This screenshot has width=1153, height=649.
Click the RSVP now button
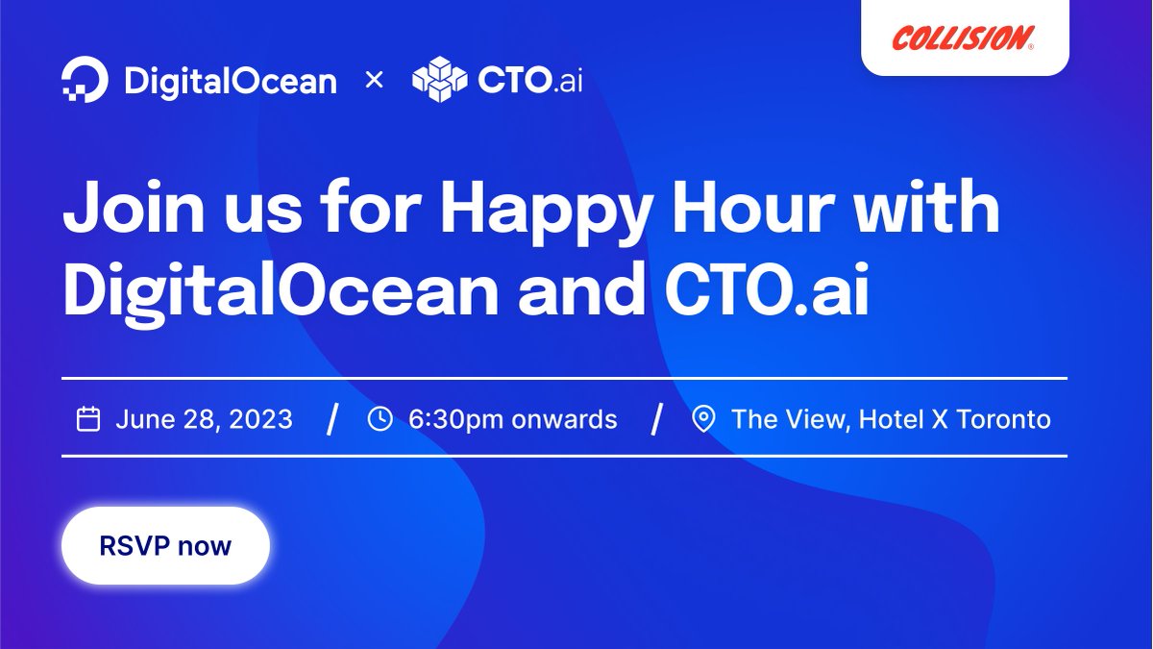(165, 546)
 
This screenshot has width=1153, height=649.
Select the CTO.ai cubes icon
(439, 80)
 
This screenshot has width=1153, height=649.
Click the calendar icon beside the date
(88, 419)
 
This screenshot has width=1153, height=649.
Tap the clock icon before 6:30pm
(380, 419)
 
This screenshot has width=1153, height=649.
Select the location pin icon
(704, 419)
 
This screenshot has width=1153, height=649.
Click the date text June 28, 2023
(204, 420)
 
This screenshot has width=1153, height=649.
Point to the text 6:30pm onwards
(513, 420)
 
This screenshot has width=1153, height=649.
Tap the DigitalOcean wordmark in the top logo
(231, 81)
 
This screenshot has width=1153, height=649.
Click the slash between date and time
(332, 420)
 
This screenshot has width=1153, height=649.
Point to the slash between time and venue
(657, 420)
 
